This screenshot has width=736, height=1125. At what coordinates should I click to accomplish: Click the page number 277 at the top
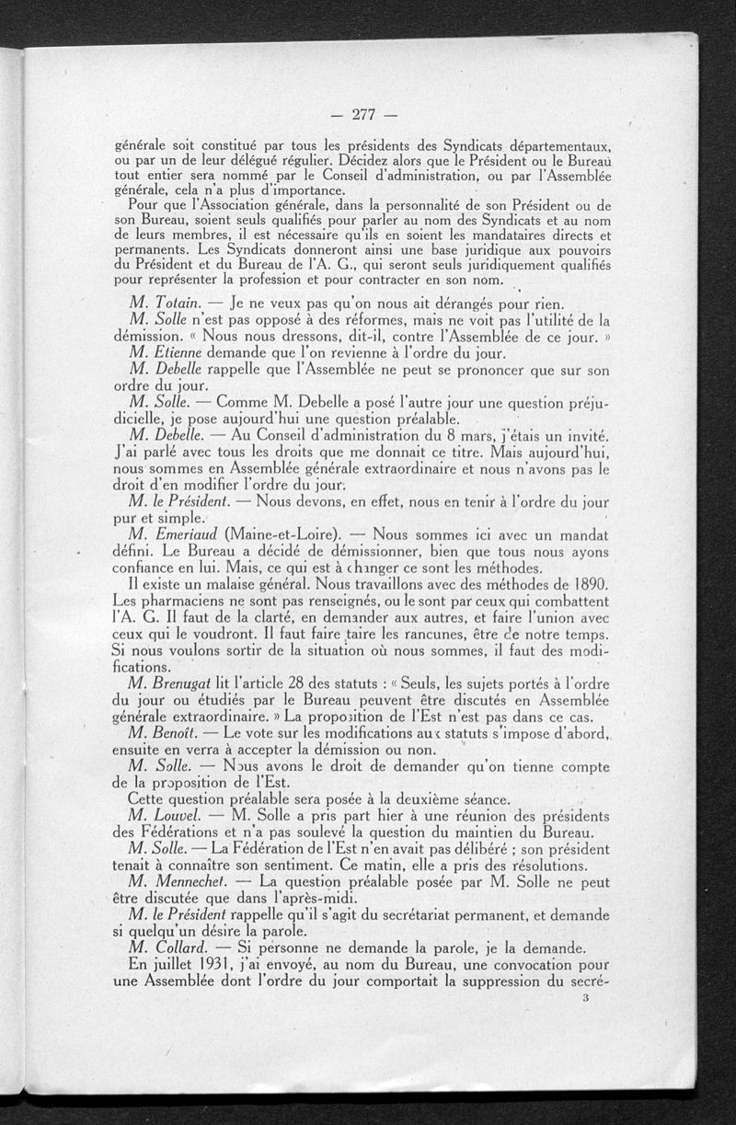(365, 115)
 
